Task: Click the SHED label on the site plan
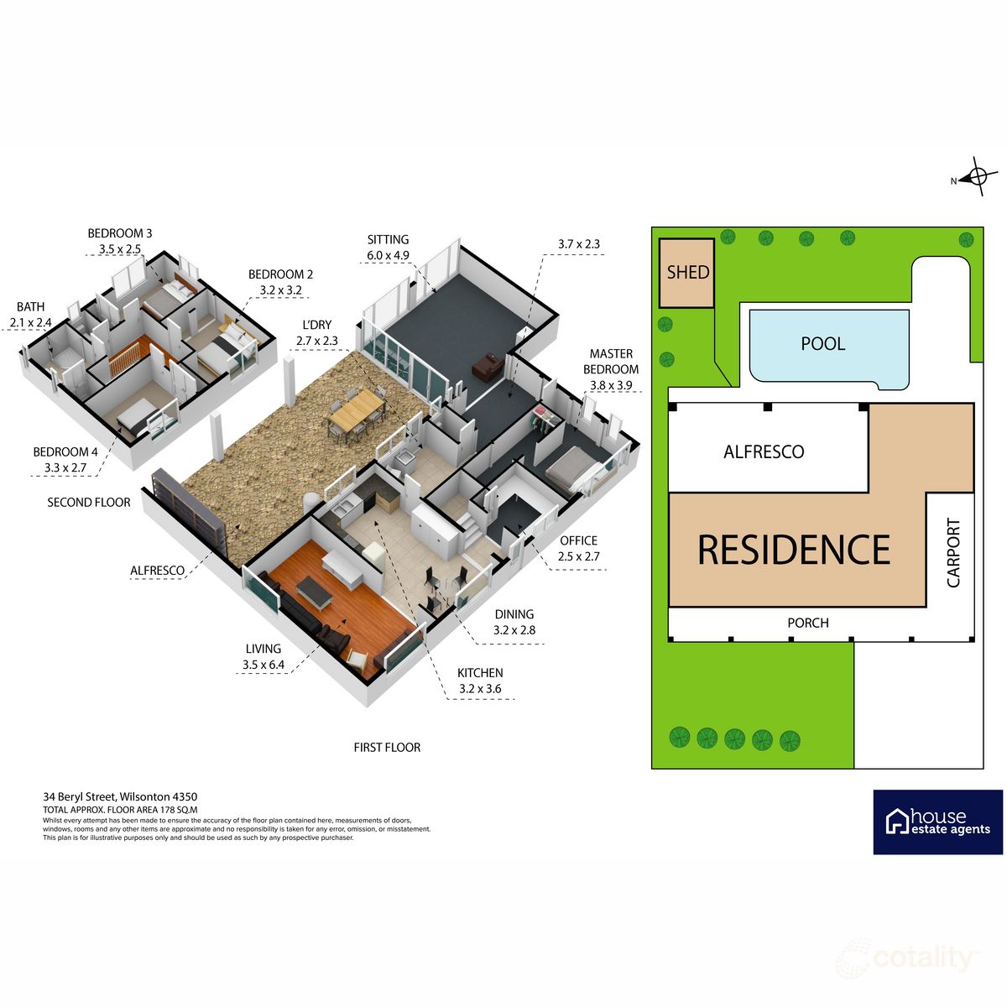pos(688,272)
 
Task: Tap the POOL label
pos(823,344)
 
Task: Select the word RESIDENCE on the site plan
pos(794,549)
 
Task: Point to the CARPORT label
pos(953,553)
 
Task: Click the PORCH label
pos(808,623)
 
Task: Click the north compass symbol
pos(976,176)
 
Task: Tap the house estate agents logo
pos(938,822)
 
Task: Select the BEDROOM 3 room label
pos(120,233)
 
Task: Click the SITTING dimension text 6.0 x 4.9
pos(388,256)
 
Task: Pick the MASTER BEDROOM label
pos(611,362)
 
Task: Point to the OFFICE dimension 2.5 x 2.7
pos(578,556)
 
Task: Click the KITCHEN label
pos(480,672)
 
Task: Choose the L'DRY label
pos(316,325)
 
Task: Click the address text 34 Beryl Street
pos(79,797)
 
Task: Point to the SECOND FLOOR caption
pos(89,502)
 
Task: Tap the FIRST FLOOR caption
pos(387,748)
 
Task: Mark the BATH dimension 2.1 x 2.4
pos(31,322)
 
